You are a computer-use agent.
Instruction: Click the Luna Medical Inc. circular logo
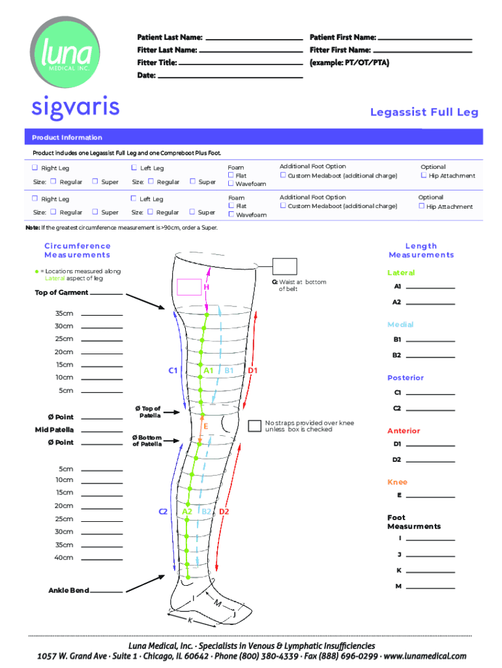click(x=64, y=55)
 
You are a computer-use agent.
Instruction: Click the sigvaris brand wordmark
click(x=75, y=108)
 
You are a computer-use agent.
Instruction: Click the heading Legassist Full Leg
click(x=424, y=112)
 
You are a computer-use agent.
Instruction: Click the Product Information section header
click(x=67, y=138)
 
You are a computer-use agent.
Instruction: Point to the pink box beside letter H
click(x=189, y=286)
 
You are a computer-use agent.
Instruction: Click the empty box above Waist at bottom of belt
click(x=285, y=266)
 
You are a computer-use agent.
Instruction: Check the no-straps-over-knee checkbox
click(x=254, y=426)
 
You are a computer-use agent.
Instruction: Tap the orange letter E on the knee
click(x=206, y=426)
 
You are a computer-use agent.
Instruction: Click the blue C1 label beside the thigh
click(x=173, y=371)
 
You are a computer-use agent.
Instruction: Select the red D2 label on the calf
click(x=224, y=511)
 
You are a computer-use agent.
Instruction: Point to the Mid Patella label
click(x=54, y=430)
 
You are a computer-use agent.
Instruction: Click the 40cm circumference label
click(x=64, y=558)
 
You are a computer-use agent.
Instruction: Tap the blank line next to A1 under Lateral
click(x=430, y=287)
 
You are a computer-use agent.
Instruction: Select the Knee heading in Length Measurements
click(x=397, y=482)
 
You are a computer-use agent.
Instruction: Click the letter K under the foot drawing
click(x=190, y=620)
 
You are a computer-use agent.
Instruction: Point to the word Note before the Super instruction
click(x=32, y=228)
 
